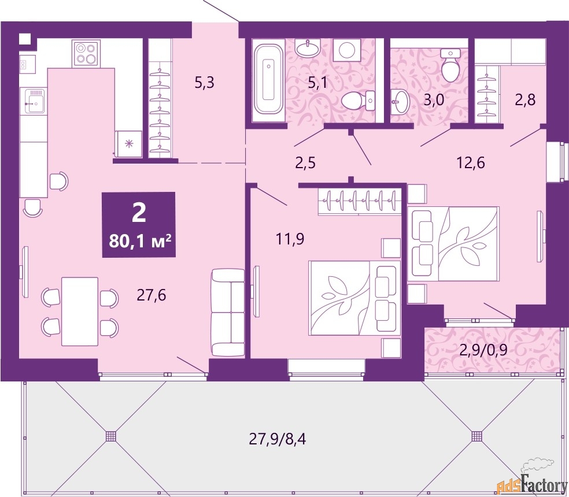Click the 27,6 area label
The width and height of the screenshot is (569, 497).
[x=152, y=295]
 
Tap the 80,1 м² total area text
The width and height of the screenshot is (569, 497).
[x=139, y=239]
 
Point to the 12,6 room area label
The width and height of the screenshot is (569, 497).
[x=469, y=162]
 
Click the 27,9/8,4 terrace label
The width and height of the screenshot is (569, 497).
[x=277, y=439]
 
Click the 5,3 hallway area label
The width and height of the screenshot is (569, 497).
[x=204, y=83]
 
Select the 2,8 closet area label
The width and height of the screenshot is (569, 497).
[x=525, y=99]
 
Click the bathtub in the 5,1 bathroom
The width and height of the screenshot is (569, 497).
[x=268, y=79]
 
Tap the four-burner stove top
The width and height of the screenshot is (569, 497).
[x=86, y=53]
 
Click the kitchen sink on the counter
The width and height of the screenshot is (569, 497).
[x=34, y=102]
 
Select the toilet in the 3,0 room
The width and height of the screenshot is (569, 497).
[x=450, y=65]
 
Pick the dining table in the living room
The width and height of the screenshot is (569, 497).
[x=79, y=311]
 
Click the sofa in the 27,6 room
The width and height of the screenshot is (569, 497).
[x=228, y=312]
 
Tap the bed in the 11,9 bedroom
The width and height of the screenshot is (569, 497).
[x=353, y=296]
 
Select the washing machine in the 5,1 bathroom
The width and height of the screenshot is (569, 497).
[x=347, y=50]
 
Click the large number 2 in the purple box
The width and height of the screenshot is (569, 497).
[x=139, y=213]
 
